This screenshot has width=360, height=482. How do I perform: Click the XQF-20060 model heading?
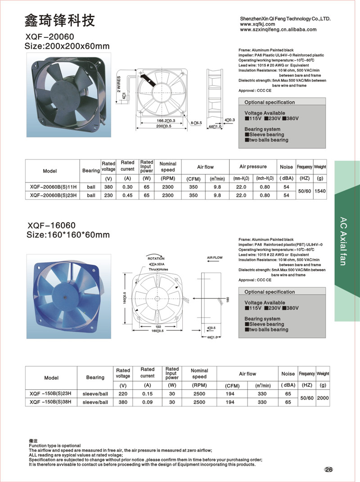tap(49, 36)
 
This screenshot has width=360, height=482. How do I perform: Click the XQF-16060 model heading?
tap(49, 225)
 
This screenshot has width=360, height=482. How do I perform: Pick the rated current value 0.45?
tap(128, 196)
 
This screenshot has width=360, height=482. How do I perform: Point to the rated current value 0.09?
tap(147, 402)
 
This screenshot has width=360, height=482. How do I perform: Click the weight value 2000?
tap(323, 398)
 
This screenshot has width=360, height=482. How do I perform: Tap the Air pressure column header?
tap(253, 167)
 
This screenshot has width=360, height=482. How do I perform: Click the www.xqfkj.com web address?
tap(257, 24)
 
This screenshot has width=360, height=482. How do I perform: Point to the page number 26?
tap(328, 470)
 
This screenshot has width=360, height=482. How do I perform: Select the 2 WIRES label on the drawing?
tap(119, 84)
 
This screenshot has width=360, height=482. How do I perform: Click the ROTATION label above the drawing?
tap(156, 259)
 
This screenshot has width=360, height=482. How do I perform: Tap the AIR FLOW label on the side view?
tap(215, 259)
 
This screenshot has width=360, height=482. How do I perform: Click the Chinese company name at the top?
tap(59, 20)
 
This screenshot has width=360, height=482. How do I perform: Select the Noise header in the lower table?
tap(288, 374)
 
